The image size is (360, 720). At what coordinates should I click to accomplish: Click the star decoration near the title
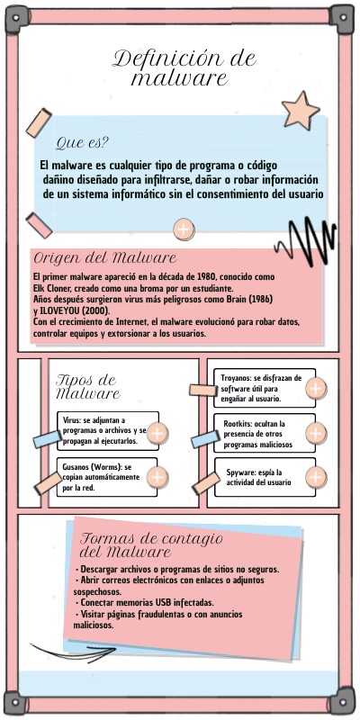301,112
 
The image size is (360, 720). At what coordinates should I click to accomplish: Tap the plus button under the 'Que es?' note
184,229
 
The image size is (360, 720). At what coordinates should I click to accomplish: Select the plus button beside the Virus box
157,434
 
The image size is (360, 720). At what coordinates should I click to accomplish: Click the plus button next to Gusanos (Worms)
157,477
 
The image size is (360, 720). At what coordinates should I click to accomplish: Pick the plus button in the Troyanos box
316,389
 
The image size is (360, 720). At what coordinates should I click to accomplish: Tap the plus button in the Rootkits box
316,433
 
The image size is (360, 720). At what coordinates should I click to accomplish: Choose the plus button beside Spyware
316,477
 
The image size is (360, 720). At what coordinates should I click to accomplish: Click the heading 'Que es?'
82,143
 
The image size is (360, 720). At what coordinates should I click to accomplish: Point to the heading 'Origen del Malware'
105,257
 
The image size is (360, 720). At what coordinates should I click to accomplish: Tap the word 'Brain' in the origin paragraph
236,299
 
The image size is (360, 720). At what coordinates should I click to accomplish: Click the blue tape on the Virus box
48,439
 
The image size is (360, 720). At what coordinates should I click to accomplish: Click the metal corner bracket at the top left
17,19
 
